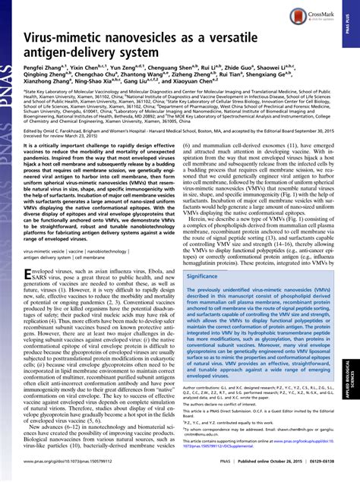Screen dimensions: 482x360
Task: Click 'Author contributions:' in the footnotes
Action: coord(205,388)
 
